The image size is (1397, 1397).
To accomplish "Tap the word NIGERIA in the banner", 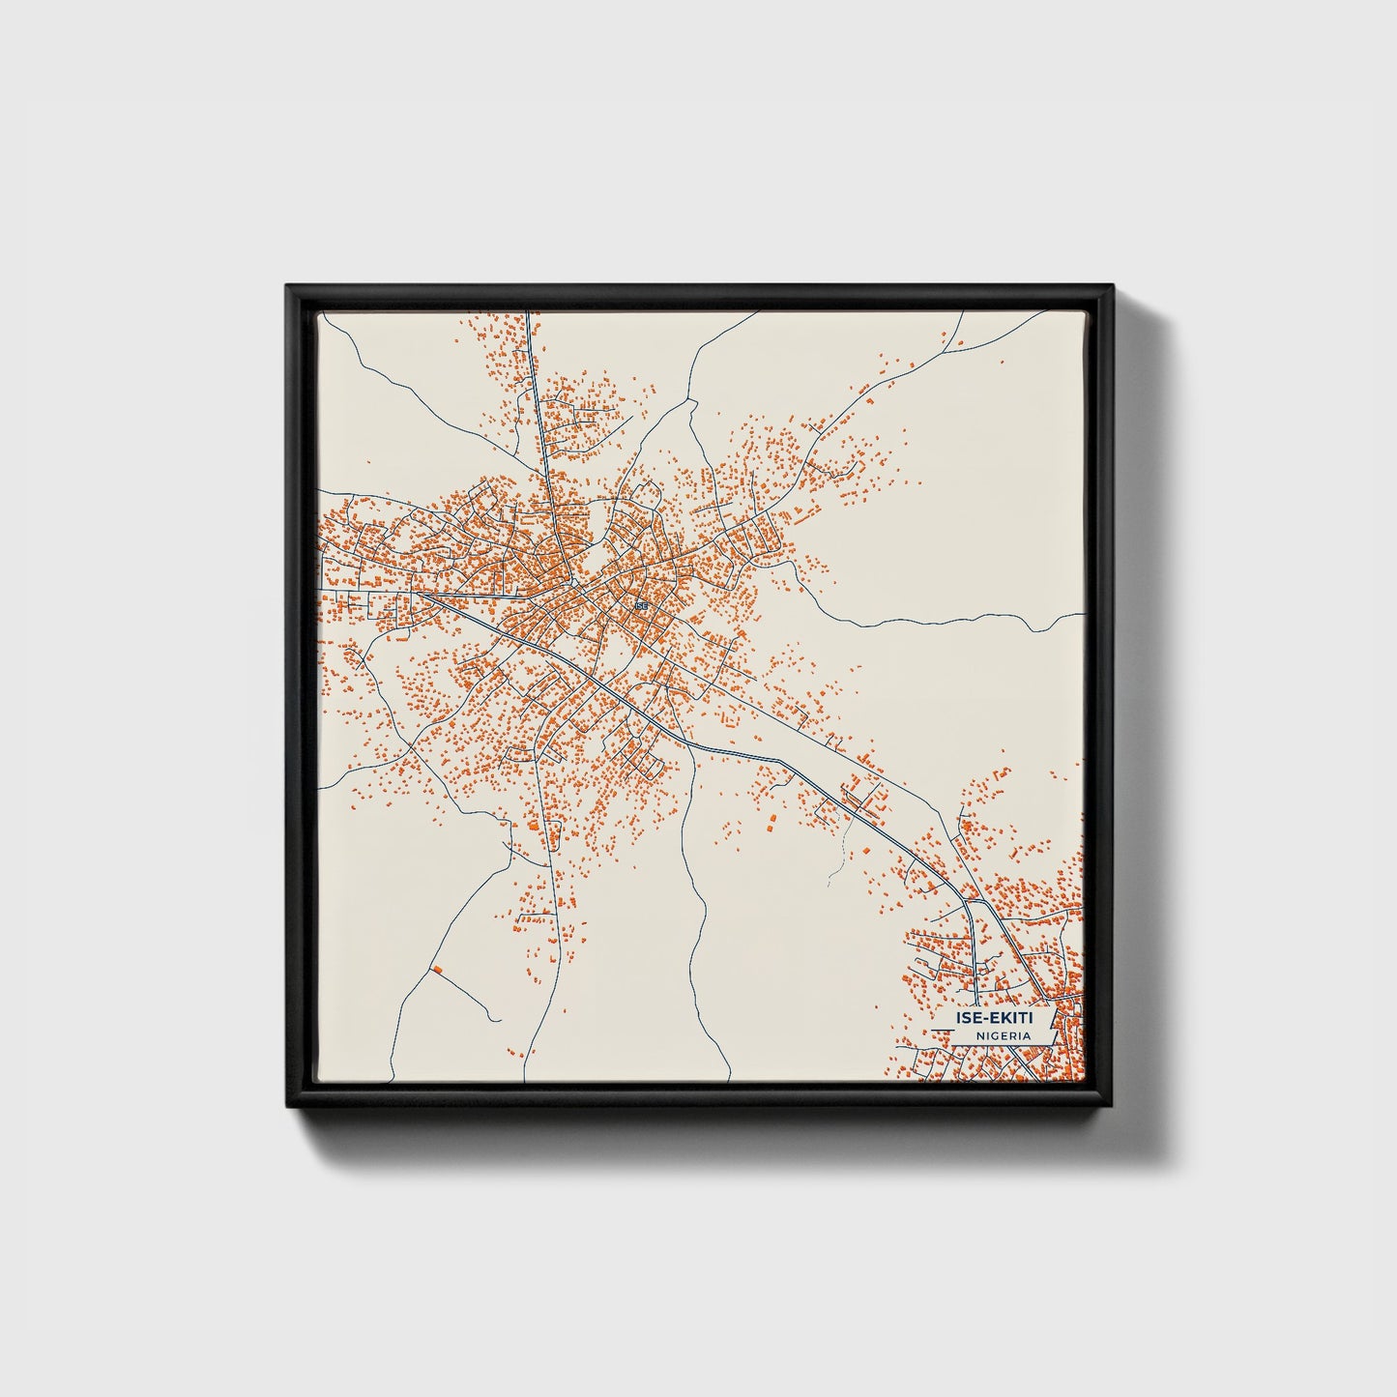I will click(x=1002, y=1035).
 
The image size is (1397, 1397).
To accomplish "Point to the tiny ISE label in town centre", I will click(x=641, y=605).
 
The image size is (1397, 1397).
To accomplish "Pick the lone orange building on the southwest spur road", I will click(x=437, y=969).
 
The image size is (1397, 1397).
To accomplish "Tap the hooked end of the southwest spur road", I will click(x=497, y=1019).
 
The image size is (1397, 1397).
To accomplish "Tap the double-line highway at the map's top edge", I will click(x=528, y=319).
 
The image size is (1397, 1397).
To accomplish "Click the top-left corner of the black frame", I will click(x=288, y=287).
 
